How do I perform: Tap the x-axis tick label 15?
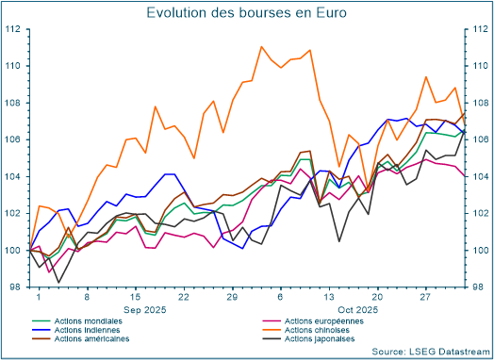tap(135, 296)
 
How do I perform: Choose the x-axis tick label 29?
tap(232, 296)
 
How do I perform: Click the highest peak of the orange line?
tap(261, 46)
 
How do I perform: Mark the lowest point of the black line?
tap(58, 282)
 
